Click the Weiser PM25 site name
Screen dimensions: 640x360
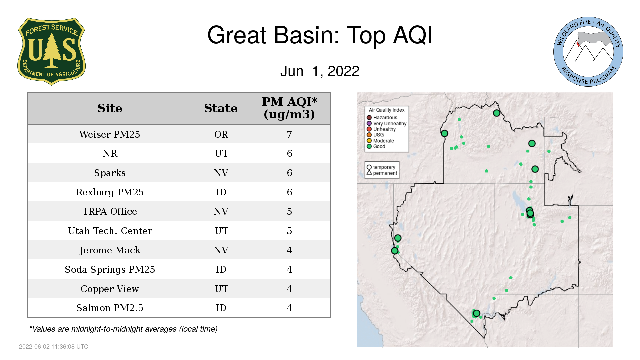coord(110,134)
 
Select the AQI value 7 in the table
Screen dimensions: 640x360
coord(289,134)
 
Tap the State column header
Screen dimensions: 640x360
coord(221,108)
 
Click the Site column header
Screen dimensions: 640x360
coord(110,108)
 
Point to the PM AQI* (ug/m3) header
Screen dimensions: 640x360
coord(289,108)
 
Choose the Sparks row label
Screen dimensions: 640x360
coord(110,173)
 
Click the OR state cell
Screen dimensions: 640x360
coord(221,134)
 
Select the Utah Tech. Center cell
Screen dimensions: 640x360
coord(110,231)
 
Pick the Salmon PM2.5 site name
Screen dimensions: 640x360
coord(110,308)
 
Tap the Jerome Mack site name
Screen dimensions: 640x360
coord(110,250)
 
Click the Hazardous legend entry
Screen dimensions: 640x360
coord(382,118)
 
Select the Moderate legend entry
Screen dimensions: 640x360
coord(380,141)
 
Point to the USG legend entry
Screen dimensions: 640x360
coord(375,135)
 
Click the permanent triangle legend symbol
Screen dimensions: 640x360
coord(369,173)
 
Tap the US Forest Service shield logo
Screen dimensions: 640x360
coord(51,51)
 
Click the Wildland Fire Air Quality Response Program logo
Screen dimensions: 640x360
coord(588,52)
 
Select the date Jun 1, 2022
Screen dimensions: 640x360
coord(320,71)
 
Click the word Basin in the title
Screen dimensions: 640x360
coord(307,35)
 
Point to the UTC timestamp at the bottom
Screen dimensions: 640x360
coord(54,347)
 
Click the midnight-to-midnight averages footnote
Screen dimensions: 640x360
coord(123,329)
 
